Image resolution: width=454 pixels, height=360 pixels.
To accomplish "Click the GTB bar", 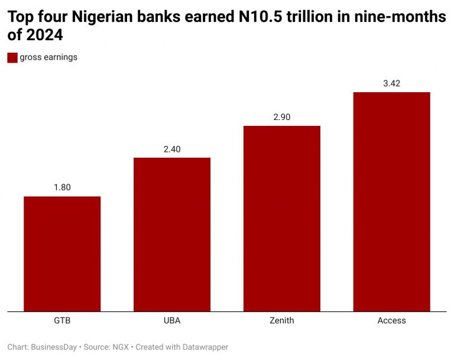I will (62, 254).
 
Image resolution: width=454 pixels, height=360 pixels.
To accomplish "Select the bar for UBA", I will (172, 234).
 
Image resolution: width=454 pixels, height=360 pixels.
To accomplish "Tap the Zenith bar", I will (282, 218).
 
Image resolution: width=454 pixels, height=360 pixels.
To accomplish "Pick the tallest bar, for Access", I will (391, 202).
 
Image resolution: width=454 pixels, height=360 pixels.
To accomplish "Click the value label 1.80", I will (62, 187).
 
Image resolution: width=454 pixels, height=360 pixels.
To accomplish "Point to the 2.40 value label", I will (172, 149).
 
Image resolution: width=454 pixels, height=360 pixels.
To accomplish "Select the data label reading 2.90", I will (282, 117).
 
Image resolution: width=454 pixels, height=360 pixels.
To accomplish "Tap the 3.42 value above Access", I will (391, 83).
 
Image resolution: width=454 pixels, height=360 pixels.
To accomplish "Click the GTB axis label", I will (62, 320).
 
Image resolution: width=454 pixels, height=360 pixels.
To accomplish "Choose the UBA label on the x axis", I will (172, 320).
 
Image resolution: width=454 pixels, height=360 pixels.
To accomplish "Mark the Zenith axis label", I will (282, 320).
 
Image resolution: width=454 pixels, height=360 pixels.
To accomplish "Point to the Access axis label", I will (391, 320).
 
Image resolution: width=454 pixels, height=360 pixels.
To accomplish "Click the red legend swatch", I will (12, 57).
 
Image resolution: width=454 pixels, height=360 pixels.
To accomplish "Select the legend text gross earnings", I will (48, 57).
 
